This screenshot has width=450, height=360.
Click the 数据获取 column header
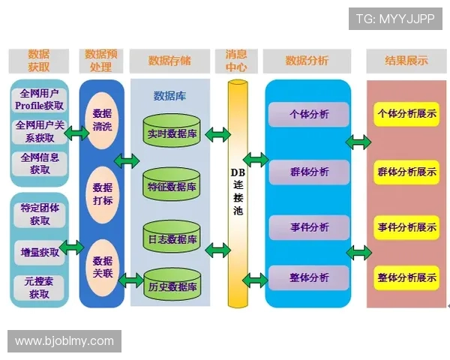coord(38,61)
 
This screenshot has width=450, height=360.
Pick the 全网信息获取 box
coord(40,163)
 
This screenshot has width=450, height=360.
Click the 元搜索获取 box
coord(40,287)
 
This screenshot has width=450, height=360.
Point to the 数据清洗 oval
coord(102,120)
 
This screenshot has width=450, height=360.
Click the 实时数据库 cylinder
coord(172,132)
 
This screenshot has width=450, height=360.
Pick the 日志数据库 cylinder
coord(172,238)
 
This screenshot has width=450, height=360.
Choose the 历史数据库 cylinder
coord(172,286)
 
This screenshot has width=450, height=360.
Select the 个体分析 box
coord(308,115)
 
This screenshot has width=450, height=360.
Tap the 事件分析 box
coord(308,227)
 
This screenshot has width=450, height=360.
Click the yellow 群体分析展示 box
coord(406,172)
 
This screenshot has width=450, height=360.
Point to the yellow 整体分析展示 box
coord(406,277)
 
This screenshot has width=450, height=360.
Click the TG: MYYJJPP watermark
coord(394,19)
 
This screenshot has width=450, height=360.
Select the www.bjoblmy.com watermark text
coord(64,341)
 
